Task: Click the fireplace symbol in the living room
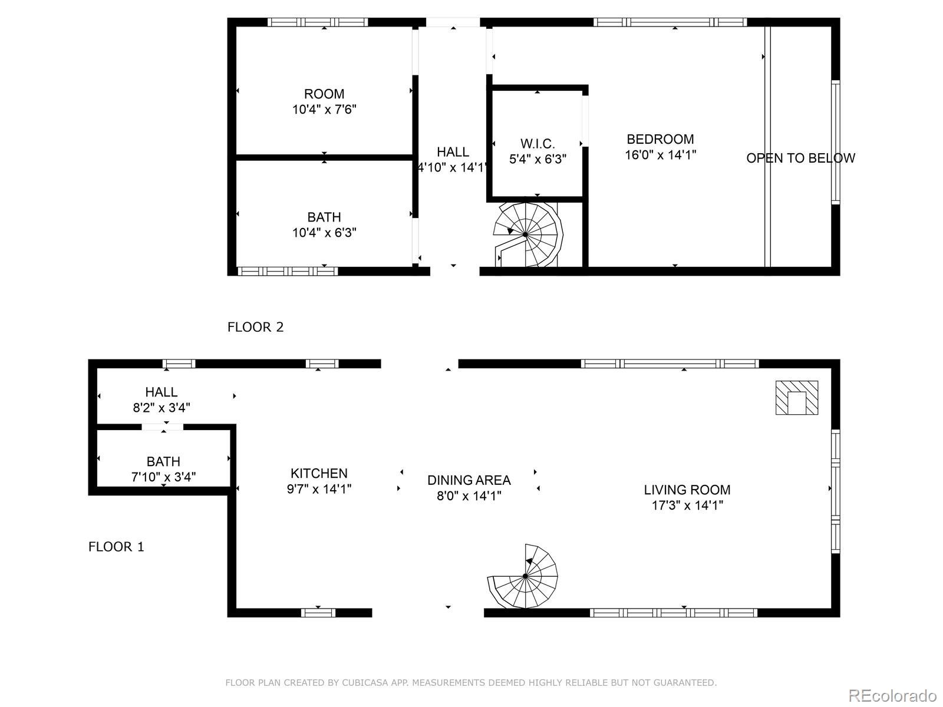797,398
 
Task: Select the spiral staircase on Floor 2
526,234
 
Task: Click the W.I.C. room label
538,144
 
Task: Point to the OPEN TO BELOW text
800,158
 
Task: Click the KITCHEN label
319,473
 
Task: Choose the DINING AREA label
469,480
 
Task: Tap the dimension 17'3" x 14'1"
687,505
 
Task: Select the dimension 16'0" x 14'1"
660,155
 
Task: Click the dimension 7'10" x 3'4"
163,477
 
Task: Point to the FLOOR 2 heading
255,327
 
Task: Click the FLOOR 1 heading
116,547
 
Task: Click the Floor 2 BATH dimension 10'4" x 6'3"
324,233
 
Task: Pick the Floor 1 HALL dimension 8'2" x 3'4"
161,407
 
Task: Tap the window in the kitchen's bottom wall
318,613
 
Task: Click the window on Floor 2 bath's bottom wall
288,271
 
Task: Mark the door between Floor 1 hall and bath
162,427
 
